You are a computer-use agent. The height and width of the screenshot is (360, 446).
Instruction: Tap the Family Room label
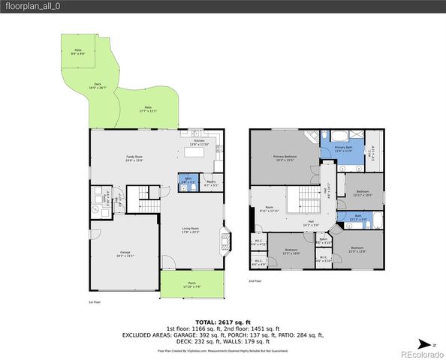[x=135, y=157]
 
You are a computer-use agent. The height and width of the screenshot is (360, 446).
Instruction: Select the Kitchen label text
[x=200, y=142]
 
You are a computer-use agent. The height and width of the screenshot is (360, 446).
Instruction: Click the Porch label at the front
[x=191, y=285]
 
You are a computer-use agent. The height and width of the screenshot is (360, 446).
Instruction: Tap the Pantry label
[x=212, y=183]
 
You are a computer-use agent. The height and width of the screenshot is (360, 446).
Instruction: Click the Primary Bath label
[x=343, y=150]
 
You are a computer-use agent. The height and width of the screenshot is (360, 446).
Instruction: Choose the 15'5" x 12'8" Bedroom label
[x=357, y=250]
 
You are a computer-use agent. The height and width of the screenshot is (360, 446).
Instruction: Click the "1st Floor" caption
[x=95, y=302]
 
